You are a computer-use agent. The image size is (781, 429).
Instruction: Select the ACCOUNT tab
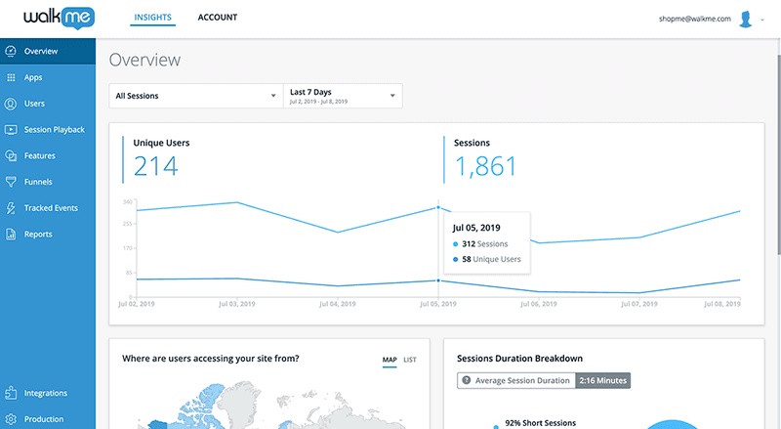pos(217,18)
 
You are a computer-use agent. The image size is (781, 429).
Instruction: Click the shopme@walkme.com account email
pos(696,19)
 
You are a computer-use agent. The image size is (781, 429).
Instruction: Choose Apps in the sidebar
pos(33,77)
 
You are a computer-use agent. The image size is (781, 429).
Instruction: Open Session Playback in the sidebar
pos(54,129)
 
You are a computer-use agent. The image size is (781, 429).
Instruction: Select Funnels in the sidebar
pos(38,182)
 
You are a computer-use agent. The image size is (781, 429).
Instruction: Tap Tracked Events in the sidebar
pos(50,208)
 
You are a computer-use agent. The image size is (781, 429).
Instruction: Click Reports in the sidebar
pos(38,235)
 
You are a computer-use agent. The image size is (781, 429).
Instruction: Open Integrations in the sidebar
pos(45,393)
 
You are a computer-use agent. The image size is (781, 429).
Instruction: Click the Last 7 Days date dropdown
pos(342,96)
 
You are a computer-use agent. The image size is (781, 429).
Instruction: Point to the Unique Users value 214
pos(156,167)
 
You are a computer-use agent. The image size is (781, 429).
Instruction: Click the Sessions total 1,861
pos(486,167)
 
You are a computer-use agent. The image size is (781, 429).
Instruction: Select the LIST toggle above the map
pos(410,360)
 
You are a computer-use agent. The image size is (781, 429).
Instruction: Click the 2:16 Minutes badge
pos(602,380)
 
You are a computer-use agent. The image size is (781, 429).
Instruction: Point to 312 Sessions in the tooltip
pos(484,243)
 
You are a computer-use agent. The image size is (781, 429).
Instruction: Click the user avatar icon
pos(747,19)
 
